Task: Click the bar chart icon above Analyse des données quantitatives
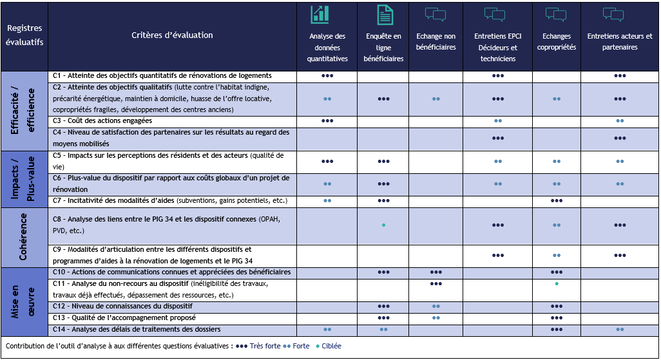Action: point(320,14)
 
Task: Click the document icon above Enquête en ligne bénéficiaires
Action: point(385,15)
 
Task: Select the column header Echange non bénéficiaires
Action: point(436,42)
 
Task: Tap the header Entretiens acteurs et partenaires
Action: point(620,42)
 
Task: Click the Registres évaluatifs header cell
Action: point(24,35)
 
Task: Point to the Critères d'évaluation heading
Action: point(172,35)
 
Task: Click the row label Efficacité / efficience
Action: point(24,111)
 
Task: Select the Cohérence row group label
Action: point(24,238)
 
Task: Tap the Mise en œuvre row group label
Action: point(24,301)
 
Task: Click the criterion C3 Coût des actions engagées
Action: point(102,120)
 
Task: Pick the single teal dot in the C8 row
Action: point(384,225)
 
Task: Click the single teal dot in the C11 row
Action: point(557,283)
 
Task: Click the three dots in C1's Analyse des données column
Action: point(327,76)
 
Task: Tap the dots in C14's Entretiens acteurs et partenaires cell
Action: point(620,330)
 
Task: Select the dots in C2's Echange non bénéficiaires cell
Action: point(436,99)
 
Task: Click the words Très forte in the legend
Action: point(265,346)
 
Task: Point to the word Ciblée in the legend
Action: point(332,346)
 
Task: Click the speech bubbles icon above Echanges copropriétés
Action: point(556,15)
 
